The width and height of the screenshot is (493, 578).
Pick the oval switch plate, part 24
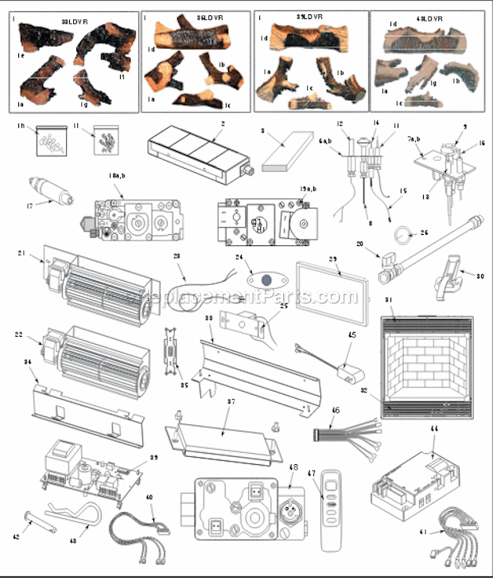(265, 279)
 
